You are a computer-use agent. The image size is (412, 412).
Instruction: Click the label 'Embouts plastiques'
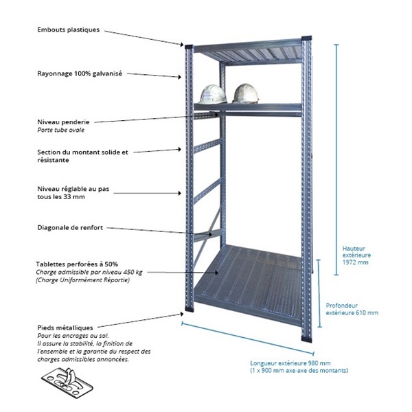pos(68,30)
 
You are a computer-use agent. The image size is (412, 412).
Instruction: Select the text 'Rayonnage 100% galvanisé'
pos(80,73)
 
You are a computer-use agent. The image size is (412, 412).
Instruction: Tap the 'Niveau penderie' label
pos(63,122)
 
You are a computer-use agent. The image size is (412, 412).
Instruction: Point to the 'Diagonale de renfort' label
pos(70,227)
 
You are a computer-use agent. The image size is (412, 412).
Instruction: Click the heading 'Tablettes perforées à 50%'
pos(77,264)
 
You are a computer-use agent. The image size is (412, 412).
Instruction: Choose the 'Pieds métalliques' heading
pos(65,328)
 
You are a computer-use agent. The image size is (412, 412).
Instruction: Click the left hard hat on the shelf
pos(213,94)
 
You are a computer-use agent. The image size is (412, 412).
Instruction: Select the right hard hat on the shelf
pos(246,93)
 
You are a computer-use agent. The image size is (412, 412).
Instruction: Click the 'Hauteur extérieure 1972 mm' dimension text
pos(356,255)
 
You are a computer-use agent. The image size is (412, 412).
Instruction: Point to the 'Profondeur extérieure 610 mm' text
pos(352,309)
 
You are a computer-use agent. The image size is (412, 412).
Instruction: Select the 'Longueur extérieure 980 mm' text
pos(290,363)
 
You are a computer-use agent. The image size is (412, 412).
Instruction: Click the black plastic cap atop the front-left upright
pos(189,47)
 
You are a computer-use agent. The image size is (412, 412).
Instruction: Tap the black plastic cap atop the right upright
pos(307,38)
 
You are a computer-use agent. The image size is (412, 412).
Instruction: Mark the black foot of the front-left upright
pos(190,308)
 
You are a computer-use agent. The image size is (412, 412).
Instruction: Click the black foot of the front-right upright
pos(307,338)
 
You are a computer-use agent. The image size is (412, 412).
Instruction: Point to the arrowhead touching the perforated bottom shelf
pos(216,273)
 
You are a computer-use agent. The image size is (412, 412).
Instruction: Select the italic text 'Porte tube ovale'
pos(60,130)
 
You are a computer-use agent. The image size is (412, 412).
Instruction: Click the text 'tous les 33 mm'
pos(61,197)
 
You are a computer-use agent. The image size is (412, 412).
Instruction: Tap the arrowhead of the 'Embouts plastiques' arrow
pos(182,45)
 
